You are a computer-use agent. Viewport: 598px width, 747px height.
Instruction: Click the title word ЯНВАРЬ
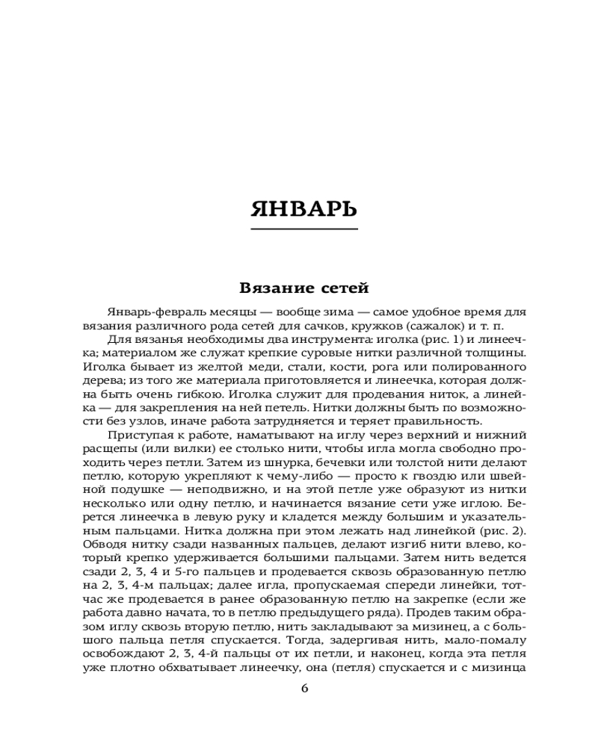[303, 208]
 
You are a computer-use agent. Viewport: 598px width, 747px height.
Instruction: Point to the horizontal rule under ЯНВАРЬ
[303, 229]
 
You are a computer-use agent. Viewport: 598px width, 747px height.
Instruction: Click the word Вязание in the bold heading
[273, 287]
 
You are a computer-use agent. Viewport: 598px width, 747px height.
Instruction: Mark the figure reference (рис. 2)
[503, 531]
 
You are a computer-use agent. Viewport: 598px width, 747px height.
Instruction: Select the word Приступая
[137, 436]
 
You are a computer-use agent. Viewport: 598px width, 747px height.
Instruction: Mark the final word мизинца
[502, 668]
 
